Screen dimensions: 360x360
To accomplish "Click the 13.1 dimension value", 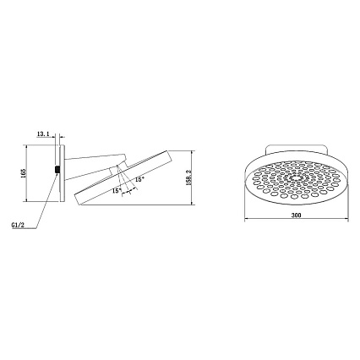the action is [x=43, y=134].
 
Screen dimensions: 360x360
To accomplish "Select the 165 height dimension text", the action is [x=23, y=172].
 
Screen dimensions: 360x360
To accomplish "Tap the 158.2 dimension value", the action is [x=188, y=178].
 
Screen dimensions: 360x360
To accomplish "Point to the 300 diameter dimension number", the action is [x=296, y=215].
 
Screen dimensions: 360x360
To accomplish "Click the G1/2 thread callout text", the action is [x=17, y=225].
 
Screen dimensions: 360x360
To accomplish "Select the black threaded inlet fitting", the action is [x=57, y=169].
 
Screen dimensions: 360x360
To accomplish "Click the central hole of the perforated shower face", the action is [x=295, y=177].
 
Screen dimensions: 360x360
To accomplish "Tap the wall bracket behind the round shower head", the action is [x=297, y=150].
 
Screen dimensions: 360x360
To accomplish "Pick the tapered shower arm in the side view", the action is [x=95, y=166].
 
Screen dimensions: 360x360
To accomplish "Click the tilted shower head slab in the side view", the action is [x=123, y=178].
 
